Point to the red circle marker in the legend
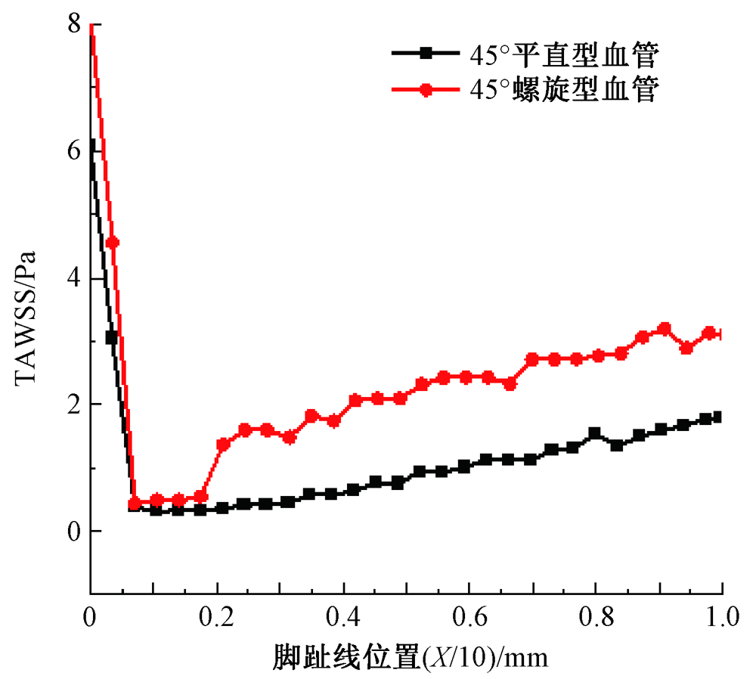[x=426, y=89]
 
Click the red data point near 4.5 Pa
[x=112, y=243]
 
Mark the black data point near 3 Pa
[x=111, y=338]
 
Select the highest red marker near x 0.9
[x=665, y=329]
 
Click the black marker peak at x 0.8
[x=594, y=433]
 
